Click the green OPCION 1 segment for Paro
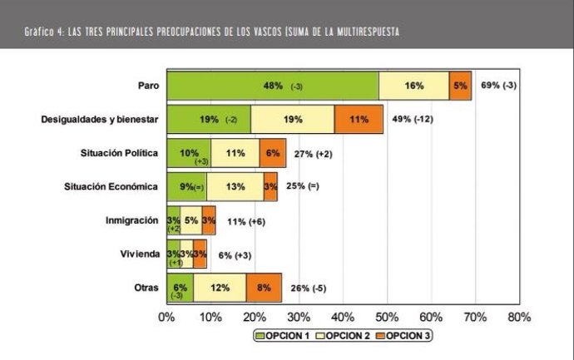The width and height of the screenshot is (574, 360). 272,86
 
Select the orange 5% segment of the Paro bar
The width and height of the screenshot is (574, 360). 460,86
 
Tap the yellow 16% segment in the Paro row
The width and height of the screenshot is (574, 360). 413,86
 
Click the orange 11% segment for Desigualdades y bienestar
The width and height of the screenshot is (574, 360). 359,120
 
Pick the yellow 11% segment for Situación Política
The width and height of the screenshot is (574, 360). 235,153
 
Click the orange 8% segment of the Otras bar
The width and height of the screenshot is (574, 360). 264,288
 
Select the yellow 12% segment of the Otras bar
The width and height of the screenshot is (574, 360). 220,288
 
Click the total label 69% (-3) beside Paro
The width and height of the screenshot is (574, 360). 500,86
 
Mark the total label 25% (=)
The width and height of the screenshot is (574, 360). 302,187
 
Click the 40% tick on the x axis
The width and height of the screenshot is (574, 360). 342,317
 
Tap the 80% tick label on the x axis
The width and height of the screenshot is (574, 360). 517,317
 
